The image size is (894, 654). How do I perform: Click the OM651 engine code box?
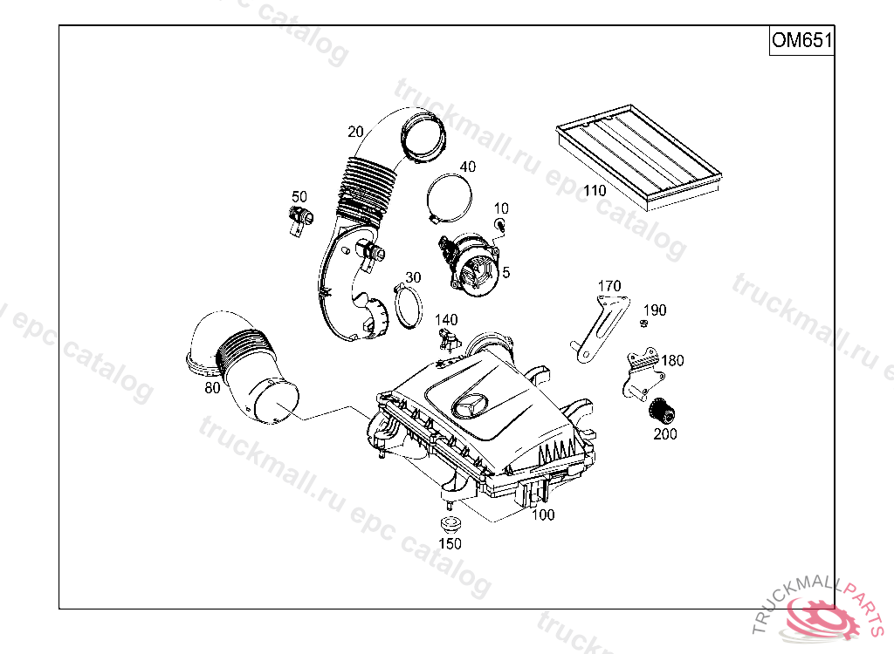(x=801, y=40)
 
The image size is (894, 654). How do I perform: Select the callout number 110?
(x=594, y=190)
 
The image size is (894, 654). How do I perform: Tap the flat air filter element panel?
(x=639, y=155)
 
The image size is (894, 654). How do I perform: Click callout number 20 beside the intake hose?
(x=356, y=132)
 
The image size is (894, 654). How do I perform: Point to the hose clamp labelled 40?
(x=450, y=199)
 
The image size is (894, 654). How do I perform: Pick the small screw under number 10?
(x=500, y=226)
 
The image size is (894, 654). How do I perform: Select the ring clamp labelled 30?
(x=409, y=308)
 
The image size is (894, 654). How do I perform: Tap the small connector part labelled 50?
(x=300, y=220)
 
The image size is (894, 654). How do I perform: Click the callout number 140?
(x=446, y=320)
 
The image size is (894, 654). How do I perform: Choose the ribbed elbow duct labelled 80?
(x=242, y=369)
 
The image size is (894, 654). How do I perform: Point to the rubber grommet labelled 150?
(x=450, y=524)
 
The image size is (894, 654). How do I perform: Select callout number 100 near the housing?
(x=543, y=515)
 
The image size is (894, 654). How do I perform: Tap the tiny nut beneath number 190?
(x=643, y=324)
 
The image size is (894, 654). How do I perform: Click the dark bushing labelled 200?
(x=663, y=410)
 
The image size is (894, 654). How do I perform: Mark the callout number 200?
(x=664, y=434)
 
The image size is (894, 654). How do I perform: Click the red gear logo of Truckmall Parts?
(x=820, y=617)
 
